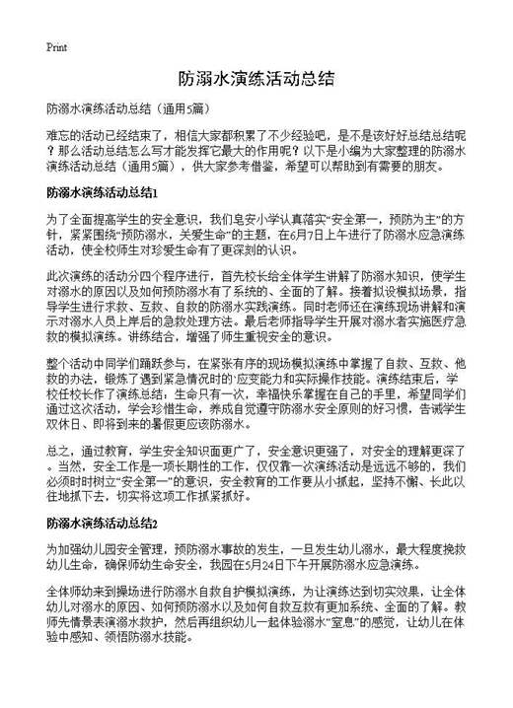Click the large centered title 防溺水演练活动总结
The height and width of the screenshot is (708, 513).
[256, 78]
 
